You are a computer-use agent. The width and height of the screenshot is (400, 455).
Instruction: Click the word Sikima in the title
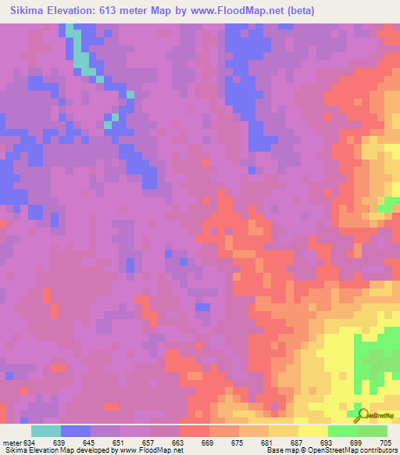(23, 10)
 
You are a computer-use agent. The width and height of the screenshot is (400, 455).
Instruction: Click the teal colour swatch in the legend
(46, 431)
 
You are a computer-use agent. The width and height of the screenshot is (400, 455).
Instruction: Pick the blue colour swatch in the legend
(76, 431)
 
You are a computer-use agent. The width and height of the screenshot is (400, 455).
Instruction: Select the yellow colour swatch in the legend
(313, 431)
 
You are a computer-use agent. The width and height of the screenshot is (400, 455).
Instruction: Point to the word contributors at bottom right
(377, 450)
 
